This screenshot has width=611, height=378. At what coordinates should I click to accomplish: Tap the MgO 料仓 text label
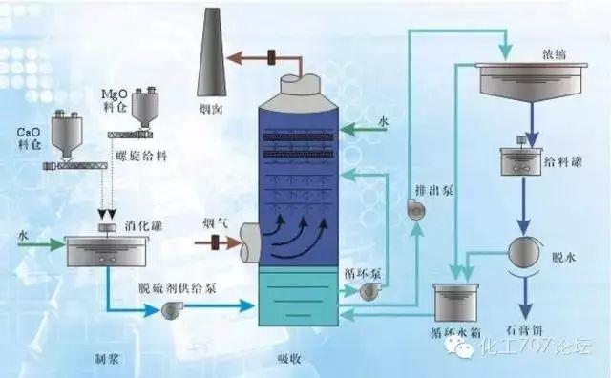[116, 103]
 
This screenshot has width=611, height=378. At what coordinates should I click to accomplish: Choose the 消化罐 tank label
[140, 226]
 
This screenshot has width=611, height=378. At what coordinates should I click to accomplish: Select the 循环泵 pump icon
[368, 292]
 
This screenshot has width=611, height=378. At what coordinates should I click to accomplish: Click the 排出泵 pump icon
[414, 207]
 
